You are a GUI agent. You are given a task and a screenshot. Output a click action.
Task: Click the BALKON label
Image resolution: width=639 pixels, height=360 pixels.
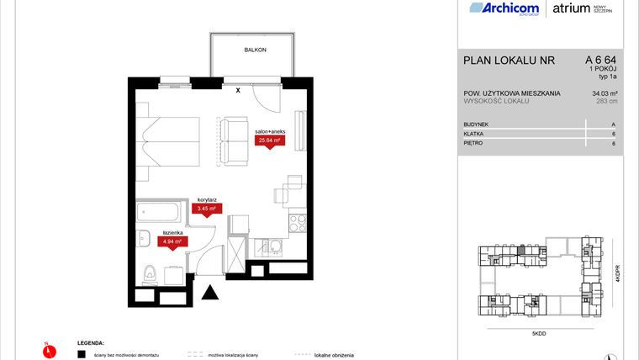coord(256,50)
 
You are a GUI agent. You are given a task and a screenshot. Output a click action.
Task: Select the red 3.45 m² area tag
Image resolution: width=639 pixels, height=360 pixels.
coord(207,208)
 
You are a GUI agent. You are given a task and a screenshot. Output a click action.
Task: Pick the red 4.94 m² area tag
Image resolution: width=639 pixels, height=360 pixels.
coord(172,241)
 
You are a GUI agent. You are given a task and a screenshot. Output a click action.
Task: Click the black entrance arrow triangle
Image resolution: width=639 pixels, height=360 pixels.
coord(209,293)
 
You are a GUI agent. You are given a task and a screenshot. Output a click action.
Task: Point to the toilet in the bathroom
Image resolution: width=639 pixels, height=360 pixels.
coord(149,271)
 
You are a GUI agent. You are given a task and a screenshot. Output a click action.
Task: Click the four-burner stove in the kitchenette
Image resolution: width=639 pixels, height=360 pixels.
coord(298,224)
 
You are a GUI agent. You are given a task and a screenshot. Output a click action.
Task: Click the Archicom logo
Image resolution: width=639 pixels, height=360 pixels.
coord(504,9)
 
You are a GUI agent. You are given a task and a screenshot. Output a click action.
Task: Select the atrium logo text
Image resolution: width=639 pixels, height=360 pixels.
coord(572,9)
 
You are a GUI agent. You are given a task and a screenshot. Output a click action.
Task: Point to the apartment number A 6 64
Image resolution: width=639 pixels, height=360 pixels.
coord(600,60)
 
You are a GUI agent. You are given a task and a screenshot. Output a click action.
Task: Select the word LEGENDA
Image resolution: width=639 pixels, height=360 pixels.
coord(90,344)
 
